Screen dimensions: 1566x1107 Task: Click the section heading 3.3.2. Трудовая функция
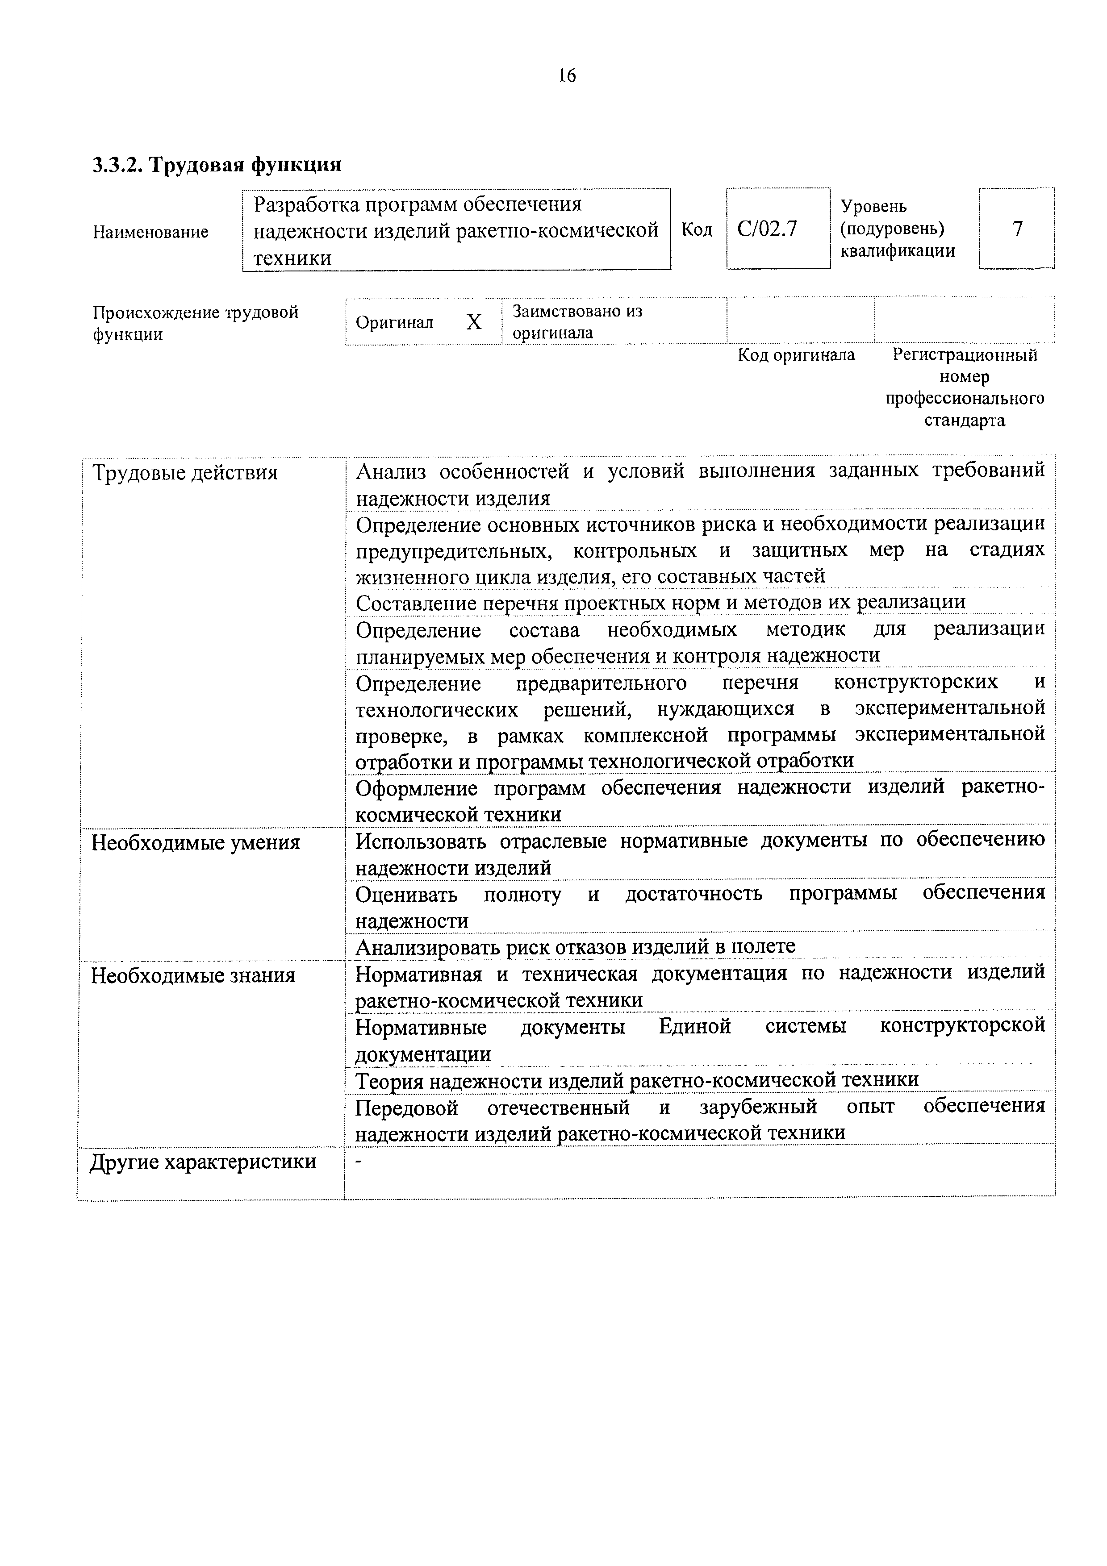(217, 164)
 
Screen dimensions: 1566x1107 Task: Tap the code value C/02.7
(767, 229)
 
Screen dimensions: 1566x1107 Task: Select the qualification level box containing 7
(1017, 229)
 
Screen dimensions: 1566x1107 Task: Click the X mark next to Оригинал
(474, 322)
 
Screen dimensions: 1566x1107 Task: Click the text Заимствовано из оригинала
(577, 322)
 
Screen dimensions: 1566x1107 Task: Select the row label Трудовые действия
(185, 473)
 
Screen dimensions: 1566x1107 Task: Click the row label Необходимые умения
(196, 843)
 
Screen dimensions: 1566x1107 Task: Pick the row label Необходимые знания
(194, 975)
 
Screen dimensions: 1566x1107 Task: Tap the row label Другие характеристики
(203, 1162)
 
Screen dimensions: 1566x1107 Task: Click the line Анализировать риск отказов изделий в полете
(575, 946)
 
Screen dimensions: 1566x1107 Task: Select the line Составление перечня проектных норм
(660, 602)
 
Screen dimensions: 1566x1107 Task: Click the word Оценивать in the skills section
(406, 894)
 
